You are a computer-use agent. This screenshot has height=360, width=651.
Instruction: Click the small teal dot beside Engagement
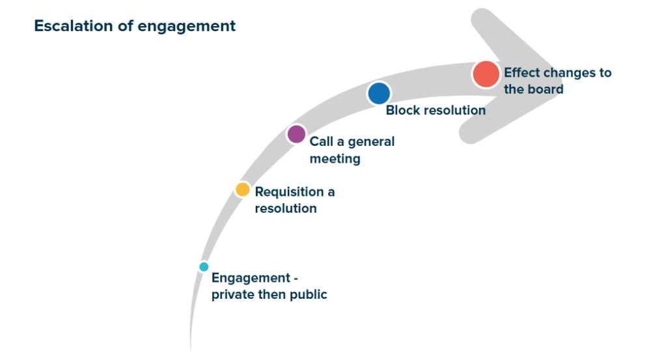204,267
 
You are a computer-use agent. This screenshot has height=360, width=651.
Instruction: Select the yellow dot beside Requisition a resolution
242,189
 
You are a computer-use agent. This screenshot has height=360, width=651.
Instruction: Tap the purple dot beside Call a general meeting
296,134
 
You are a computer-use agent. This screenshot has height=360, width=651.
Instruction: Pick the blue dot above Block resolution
379,93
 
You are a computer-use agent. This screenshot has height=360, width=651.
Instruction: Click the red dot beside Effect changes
486,74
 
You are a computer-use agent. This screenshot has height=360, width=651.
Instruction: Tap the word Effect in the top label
521,72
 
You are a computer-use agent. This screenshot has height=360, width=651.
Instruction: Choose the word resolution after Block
454,110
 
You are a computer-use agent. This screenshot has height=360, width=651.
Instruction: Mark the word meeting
335,158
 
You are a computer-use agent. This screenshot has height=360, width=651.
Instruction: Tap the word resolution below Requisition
285,208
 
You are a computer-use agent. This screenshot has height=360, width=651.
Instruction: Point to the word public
307,295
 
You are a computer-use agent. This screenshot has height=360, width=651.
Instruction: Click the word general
370,141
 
